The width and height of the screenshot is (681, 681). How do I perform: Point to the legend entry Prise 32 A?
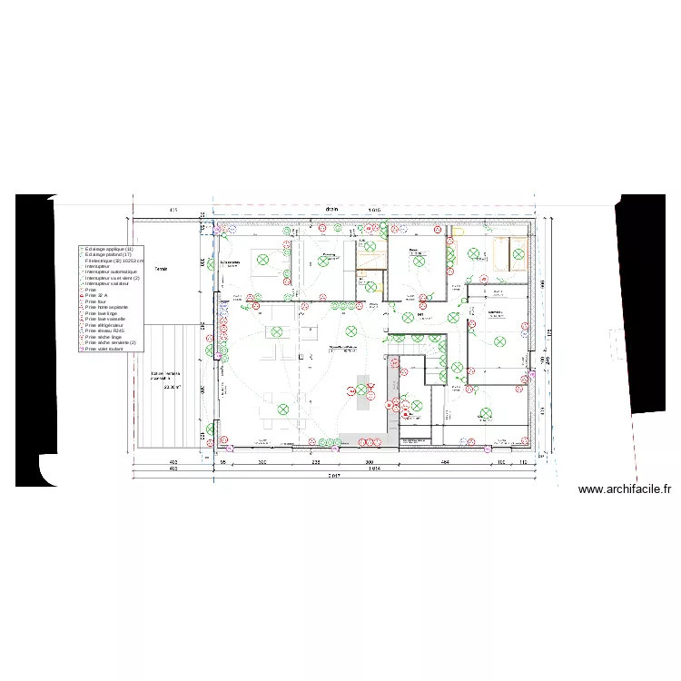tap(96, 295)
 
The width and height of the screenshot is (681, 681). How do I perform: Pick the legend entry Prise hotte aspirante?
tap(106, 307)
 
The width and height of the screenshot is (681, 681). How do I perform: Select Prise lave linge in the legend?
tap(101, 313)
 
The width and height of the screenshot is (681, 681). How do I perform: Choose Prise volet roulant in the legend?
tap(103, 349)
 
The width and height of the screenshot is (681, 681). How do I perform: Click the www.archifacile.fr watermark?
tap(625, 489)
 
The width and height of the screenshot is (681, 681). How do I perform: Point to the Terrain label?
tap(162, 270)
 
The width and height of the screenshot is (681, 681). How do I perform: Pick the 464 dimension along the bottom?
tap(445, 462)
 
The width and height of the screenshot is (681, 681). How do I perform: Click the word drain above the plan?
tap(332, 210)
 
